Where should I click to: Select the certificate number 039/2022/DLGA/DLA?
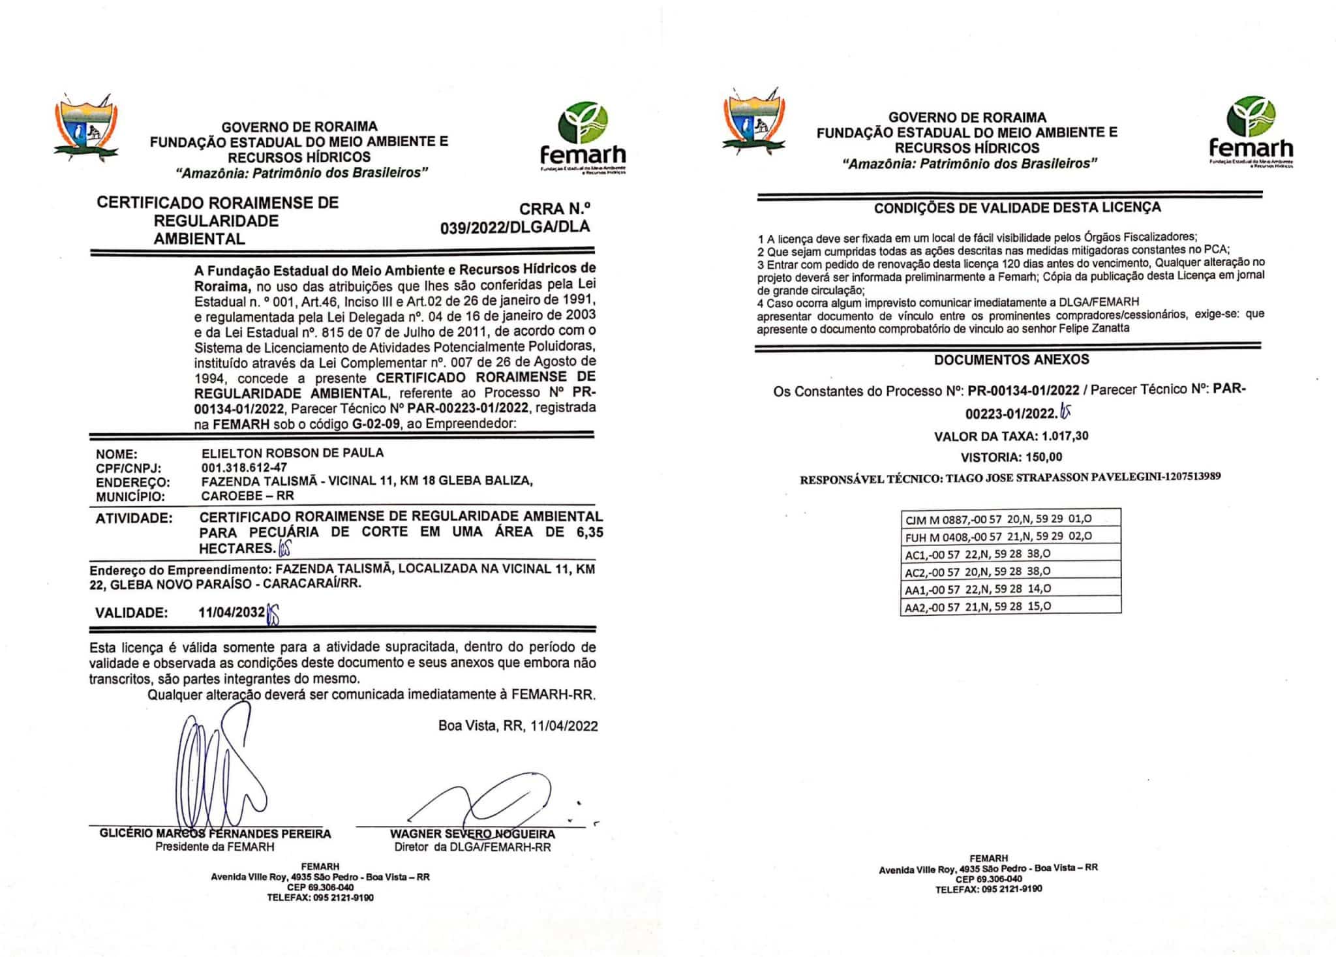(x=515, y=226)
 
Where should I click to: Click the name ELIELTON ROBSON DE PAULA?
(x=293, y=453)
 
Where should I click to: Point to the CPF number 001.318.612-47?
(x=245, y=467)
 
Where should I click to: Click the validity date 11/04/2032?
(x=232, y=613)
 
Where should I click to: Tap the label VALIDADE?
(x=131, y=613)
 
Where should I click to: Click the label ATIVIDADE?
(x=134, y=519)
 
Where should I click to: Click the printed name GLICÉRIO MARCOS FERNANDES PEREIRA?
(x=215, y=834)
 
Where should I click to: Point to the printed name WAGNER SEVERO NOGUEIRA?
(x=472, y=834)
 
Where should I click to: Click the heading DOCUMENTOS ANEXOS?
(x=1011, y=359)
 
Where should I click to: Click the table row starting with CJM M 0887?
(x=1010, y=519)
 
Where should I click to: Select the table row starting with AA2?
(x=1010, y=606)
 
